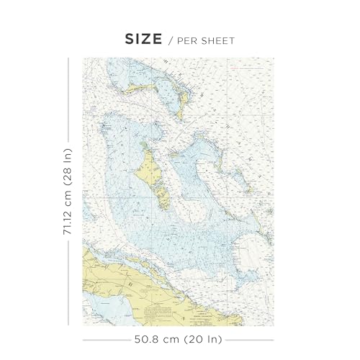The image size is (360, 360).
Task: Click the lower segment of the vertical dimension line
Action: (68, 281)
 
